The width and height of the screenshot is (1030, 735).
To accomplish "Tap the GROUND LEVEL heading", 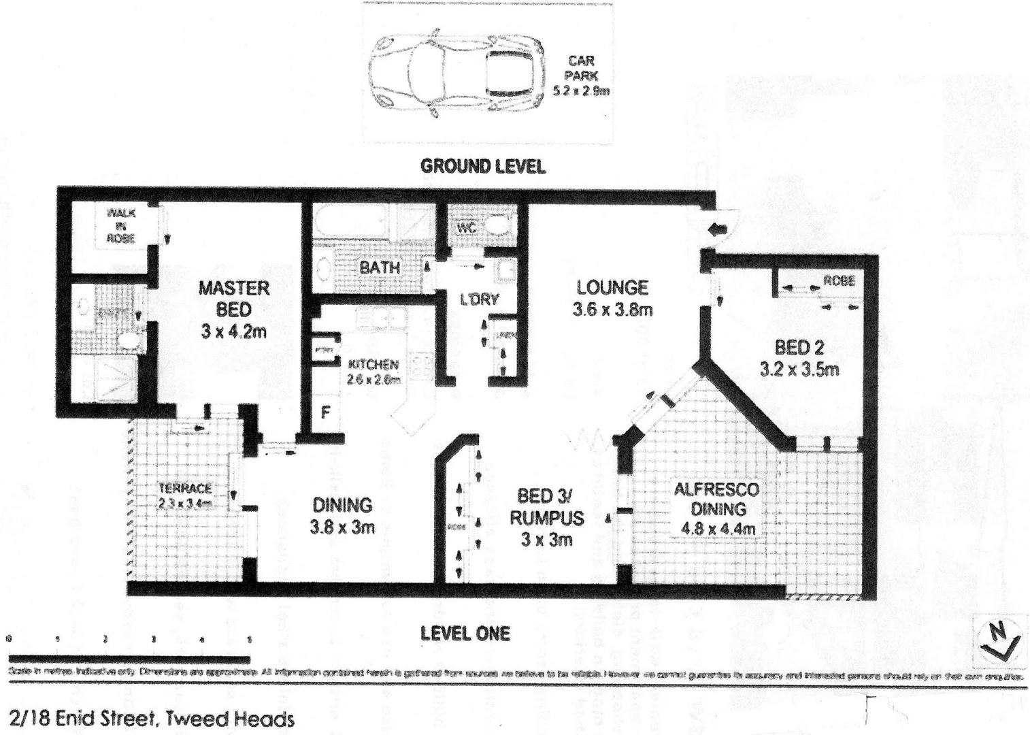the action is click(x=482, y=165).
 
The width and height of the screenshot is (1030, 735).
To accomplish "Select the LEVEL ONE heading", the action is click(x=465, y=634).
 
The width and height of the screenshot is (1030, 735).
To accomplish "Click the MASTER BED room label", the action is click(x=233, y=298).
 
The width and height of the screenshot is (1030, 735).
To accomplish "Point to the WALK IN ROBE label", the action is click(x=120, y=225).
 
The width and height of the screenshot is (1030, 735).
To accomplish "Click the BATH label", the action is click(x=379, y=267).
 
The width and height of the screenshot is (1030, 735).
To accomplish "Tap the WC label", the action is click(x=466, y=228).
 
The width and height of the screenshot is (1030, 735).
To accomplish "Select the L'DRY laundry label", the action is click(x=479, y=299).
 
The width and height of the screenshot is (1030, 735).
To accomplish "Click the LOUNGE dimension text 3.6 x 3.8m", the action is click(x=612, y=310).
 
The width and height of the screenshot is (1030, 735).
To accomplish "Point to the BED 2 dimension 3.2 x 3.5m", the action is click(x=799, y=370).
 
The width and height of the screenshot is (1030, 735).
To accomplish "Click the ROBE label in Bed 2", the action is click(x=839, y=280).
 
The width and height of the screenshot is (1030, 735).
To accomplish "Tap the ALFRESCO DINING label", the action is click(x=716, y=499).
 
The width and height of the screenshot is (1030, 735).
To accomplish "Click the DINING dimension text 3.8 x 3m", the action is click(x=342, y=527).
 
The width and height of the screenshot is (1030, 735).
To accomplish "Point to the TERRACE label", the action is click(x=185, y=488).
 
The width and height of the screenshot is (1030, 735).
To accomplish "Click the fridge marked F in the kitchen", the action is click(x=326, y=412).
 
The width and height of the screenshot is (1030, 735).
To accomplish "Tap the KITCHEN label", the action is click(x=373, y=365).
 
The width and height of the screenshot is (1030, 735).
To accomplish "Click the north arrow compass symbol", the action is click(x=1001, y=639).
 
